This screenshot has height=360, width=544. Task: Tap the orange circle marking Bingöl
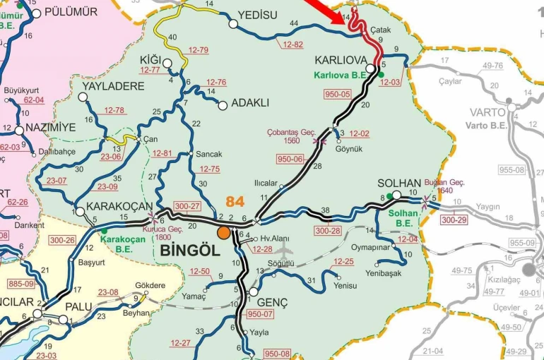224,232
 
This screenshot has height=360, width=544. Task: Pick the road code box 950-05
337,94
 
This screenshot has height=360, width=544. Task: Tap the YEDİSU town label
258,14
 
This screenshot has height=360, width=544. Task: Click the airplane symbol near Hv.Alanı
283,249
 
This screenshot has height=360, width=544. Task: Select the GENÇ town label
273,302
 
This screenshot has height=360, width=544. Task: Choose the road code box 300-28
328,231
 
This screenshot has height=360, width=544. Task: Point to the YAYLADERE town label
113,86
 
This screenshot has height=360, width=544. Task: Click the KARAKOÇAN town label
119,206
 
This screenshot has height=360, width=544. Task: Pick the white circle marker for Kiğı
167,64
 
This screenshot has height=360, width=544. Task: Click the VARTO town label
488,112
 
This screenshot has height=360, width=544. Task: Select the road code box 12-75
210,169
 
